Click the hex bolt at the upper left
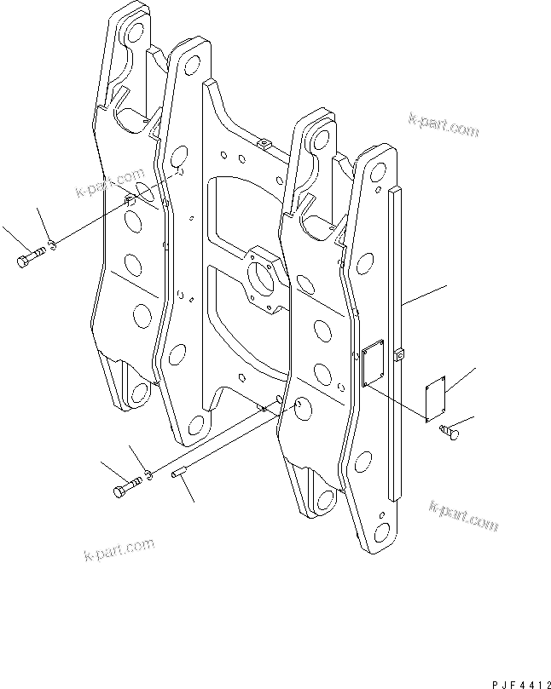point(31,257)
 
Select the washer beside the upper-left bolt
point(52,244)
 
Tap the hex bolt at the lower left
point(127,487)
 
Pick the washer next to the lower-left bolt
point(149,474)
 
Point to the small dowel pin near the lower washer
point(179,474)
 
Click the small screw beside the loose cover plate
point(449,431)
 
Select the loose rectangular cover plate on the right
point(436,399)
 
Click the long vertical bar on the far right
point(395,343)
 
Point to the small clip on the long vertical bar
point(398,353)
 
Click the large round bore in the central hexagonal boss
point(261,278)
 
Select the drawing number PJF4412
point(521,683)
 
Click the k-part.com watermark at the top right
point(444,125)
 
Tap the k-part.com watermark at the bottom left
point(119,549)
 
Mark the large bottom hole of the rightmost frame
point(381,533)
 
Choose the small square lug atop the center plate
point(264,143)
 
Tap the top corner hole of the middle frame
point(192,65)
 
